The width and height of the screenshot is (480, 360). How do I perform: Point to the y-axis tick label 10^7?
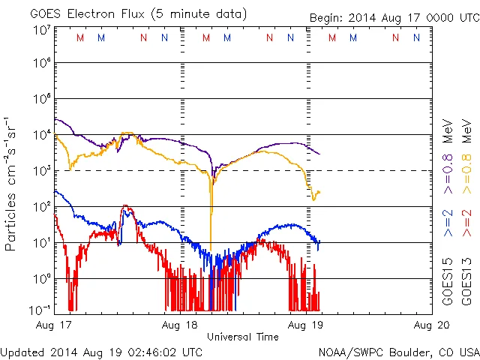(41, 31)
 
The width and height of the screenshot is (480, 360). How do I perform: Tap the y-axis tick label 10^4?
(41, 134)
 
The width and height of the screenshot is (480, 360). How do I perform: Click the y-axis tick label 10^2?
(41, 206)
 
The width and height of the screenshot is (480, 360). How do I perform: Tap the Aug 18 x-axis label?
(180, 325)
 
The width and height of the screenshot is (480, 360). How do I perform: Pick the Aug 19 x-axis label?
(306, 325)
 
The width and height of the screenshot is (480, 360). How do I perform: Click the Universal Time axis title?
(242, 337)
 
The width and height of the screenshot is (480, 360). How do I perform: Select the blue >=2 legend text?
(448, 223)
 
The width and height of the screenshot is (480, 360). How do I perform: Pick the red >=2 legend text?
(466, 223)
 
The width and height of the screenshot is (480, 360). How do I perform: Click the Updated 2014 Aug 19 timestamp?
(101, 351)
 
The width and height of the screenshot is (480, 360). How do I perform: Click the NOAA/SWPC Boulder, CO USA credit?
(398, 351)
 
